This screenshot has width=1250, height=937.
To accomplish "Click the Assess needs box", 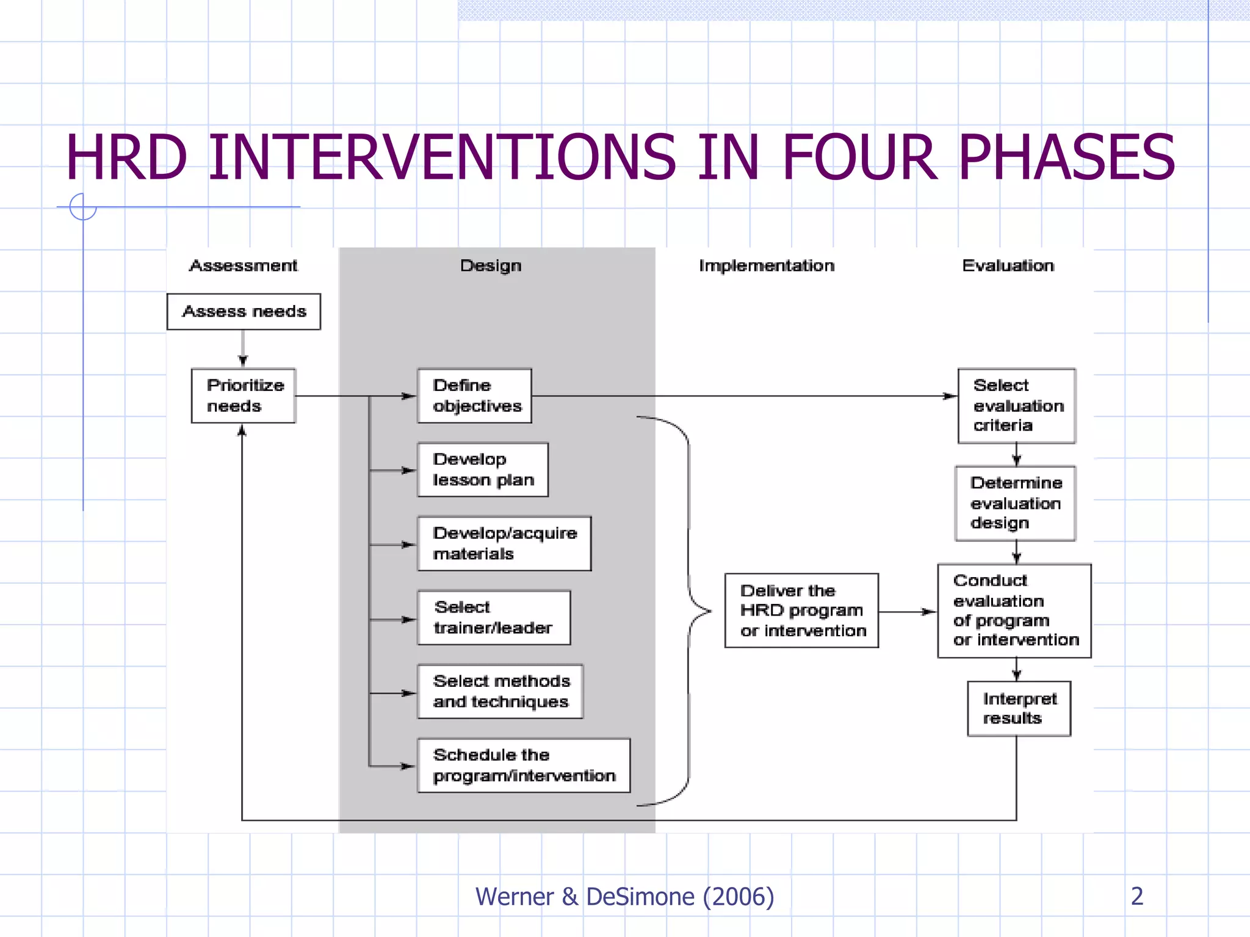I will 244,312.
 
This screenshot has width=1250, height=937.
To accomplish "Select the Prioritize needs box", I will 244,395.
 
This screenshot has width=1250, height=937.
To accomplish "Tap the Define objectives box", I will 474,395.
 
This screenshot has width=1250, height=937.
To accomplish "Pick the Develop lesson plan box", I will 483,469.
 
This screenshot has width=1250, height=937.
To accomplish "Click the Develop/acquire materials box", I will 504,544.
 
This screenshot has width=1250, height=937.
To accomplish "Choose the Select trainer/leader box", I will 494,617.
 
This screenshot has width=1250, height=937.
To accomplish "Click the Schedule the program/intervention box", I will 524,765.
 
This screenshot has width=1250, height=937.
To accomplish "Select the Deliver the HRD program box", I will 801,610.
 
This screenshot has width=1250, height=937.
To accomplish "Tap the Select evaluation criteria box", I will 1016,406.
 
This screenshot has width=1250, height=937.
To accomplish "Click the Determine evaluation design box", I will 1015,503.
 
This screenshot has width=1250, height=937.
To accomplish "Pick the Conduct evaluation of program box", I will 1014,610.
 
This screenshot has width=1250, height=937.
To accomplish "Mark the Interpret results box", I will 1019,708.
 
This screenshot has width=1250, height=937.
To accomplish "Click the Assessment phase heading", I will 243,265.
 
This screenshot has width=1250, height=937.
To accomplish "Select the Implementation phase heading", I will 767,265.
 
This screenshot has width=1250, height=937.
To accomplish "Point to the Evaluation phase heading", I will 1008,265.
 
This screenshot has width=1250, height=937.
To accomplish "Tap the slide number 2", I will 1136,896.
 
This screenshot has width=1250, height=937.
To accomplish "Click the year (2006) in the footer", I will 738,897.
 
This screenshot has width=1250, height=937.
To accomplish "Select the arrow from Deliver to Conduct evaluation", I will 908,611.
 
